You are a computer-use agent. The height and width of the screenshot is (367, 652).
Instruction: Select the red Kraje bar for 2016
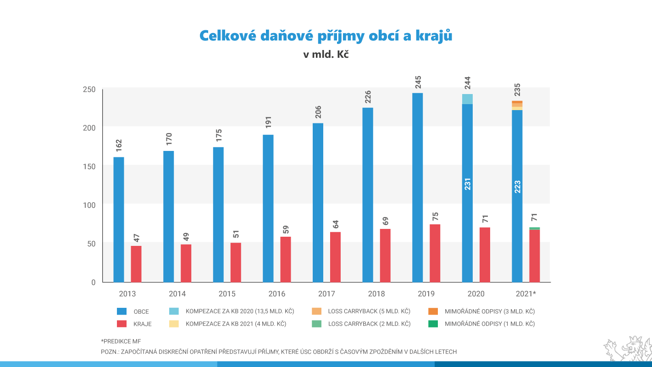[285, 259]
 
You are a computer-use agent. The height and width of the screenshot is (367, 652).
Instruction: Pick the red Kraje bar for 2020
[485, 255]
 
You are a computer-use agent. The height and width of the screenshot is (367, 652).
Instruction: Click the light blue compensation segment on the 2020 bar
[467, 99]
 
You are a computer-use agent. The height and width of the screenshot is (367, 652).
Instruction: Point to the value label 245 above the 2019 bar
[418, 82]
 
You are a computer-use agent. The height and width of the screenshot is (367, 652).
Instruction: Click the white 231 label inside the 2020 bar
[468, 183]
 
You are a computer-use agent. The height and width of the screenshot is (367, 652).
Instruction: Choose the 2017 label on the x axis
[326, 294]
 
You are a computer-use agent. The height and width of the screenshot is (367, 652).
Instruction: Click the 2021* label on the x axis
[525, 294]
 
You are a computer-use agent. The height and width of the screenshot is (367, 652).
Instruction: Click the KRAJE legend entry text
[142, 324]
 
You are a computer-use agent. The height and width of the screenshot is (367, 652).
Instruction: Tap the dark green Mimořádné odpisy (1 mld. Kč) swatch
[433, 324]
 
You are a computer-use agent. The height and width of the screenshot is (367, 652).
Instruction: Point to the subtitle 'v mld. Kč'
[326, 54]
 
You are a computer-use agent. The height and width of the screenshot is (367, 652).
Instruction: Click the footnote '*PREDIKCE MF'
[121, 341]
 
